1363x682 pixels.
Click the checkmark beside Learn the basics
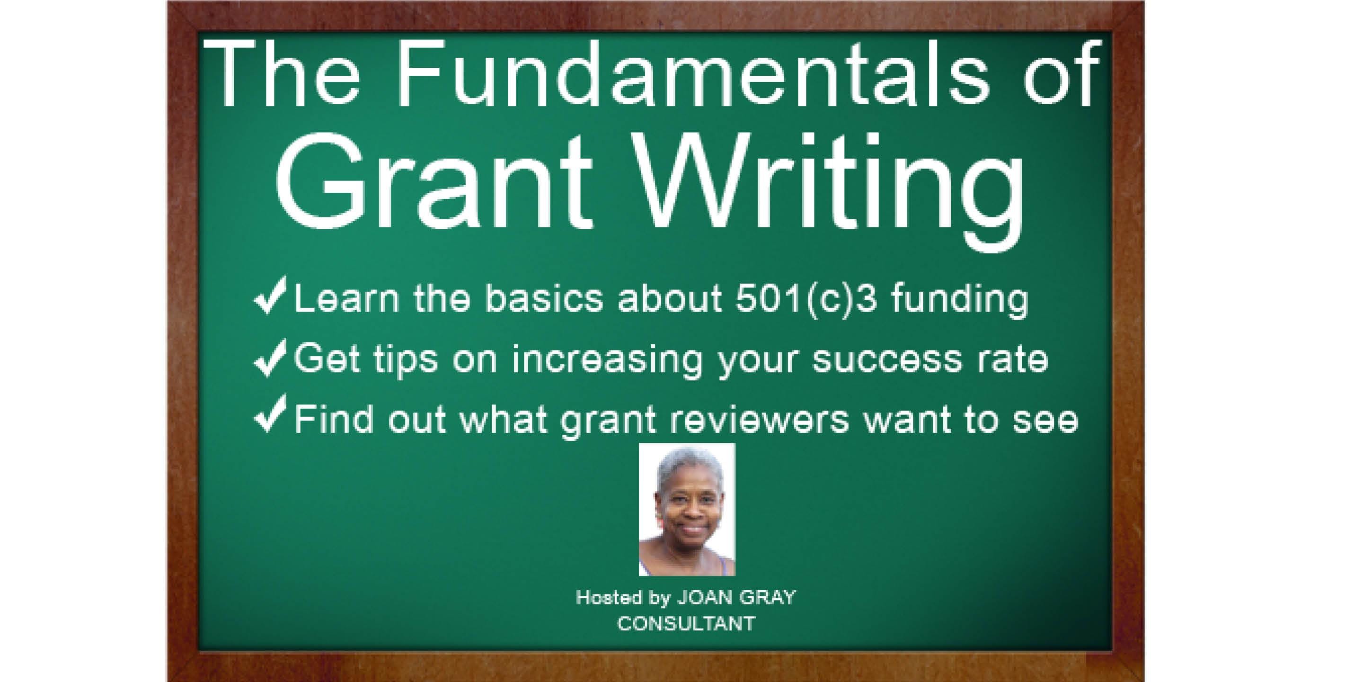click(270, 295)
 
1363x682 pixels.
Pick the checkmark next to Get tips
click(270, 358)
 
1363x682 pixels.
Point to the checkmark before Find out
click(270, 413)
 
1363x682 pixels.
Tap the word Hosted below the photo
click(609, 598)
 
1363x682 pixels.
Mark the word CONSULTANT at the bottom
click(686, 624)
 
